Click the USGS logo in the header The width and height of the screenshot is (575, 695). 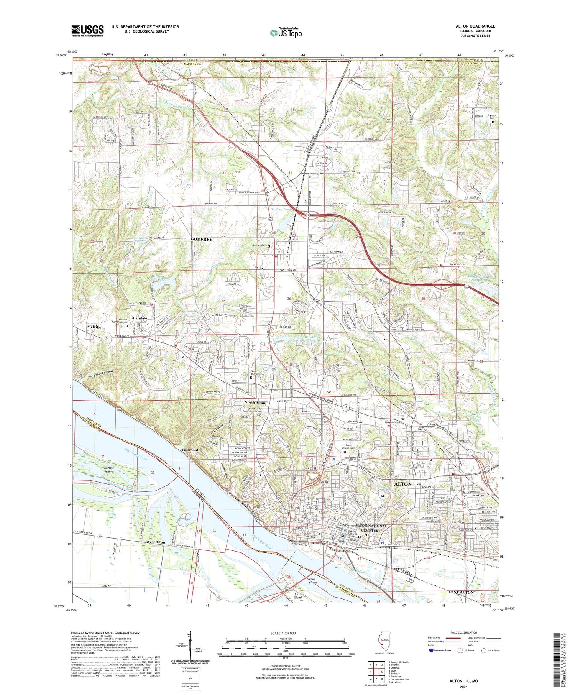(87, 31)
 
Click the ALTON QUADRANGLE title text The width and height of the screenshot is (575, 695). (475, 26)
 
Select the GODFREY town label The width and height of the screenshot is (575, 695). (201, 239)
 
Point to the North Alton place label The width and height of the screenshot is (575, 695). (255, 403)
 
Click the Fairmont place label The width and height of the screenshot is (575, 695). (190, 450)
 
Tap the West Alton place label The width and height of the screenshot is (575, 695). (155, 542)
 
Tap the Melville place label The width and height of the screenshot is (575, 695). (94, 327)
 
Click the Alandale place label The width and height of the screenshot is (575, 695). (140, 318)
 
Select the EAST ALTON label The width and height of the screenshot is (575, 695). (461, 592)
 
